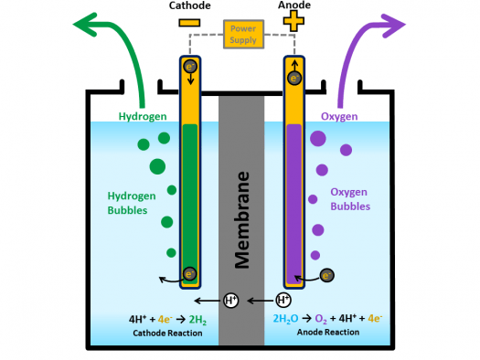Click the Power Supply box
pos(242,34)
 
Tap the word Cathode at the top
pos(190,5)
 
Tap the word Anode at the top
pos(294,5)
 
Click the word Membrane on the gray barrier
pos(241,219)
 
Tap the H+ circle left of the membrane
pos(232,300)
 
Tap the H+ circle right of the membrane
pos(283,300)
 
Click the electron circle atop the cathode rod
pos(190,66)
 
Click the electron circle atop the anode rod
pos(294,79)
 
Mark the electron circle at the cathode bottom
pos(189,273)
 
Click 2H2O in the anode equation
pos(289,319)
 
